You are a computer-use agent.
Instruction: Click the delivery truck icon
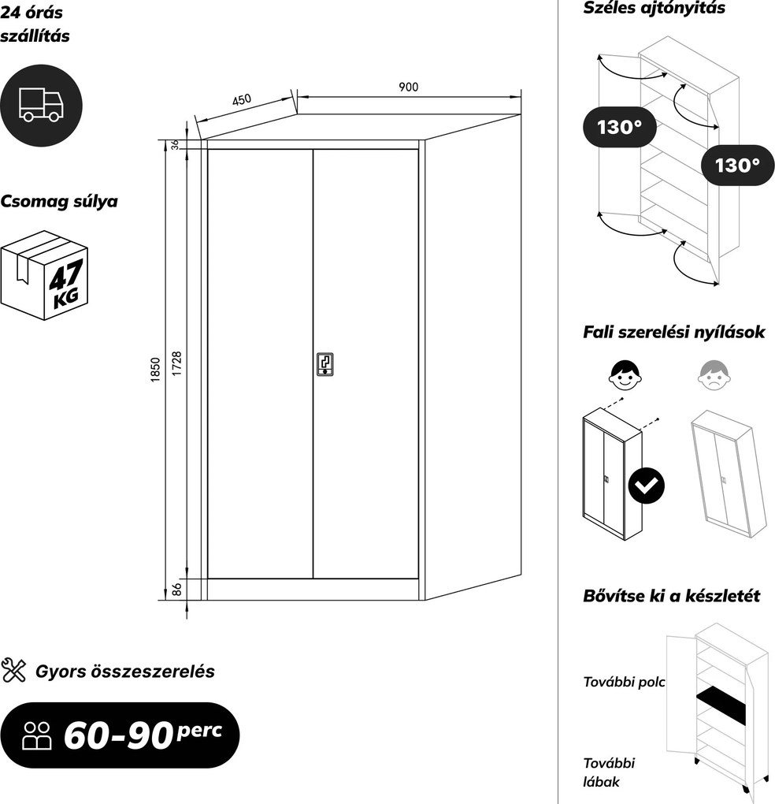click(x=41, y=105)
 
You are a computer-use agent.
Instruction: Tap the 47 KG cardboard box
click(x=45, y=275)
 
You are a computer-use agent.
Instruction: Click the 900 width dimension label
click(x=408, y=87)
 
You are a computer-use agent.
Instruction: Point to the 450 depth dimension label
click(x=242, y=99)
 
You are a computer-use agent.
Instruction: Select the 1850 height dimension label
click(x=156, y=370)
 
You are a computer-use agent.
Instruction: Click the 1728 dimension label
click(x=176, y=363)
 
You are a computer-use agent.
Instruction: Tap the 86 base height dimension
click(x=176, y=589)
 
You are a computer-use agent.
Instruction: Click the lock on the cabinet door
click(x=324, y=365)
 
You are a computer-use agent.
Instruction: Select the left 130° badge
click(x=620, y=127)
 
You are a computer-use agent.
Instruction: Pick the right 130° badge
click(x=738, y=165)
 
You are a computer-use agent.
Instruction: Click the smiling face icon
click(x=624, y=374)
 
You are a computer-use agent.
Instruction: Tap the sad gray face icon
click(x=713, y=375)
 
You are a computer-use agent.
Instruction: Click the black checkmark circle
click(x=647, y=486)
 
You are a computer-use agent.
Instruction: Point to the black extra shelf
click(x=721, y=705)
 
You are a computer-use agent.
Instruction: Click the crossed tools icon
click(x=13, y=671)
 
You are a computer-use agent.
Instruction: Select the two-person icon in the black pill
click(x=37, y=735)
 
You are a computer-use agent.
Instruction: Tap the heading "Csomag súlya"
click(x=59, y=202)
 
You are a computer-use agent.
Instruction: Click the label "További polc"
click(x=624, y=682)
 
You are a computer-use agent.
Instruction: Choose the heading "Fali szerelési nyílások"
click(x=673, y=333)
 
